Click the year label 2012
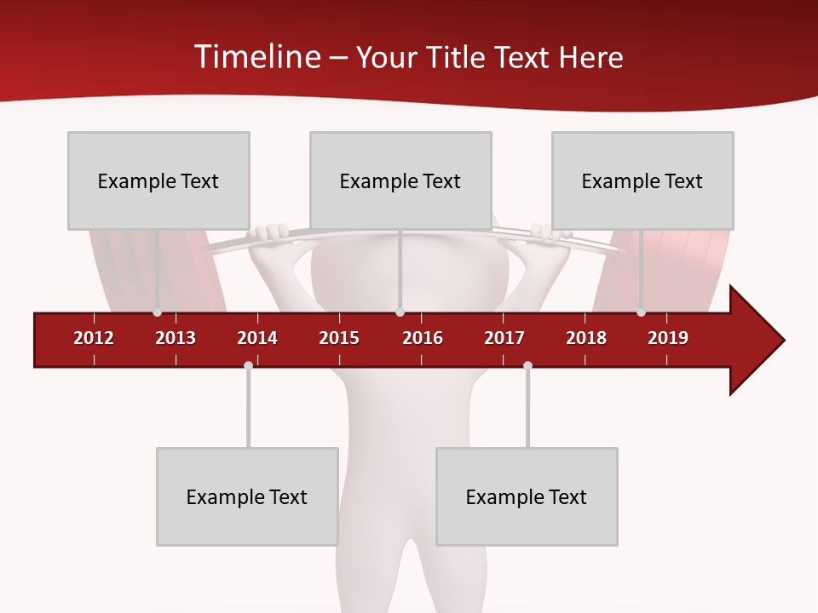[94, 338]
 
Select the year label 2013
[176, 338]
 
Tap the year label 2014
[257, 338]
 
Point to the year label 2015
[339, 338]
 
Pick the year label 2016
[423, 338]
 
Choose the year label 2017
[504, 338]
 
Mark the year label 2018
[586, 338]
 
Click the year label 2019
[668, 338]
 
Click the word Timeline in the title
[256, 57]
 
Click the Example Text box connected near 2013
[158, 180]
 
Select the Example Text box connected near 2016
[400, 180]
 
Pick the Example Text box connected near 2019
[642, 180]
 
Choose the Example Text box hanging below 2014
[247, 496]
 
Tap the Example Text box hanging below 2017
[527, 496]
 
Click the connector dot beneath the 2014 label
[248, 365]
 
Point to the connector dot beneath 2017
[527, 365]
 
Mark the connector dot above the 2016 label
[400, 312]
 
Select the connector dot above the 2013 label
[157, 312]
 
